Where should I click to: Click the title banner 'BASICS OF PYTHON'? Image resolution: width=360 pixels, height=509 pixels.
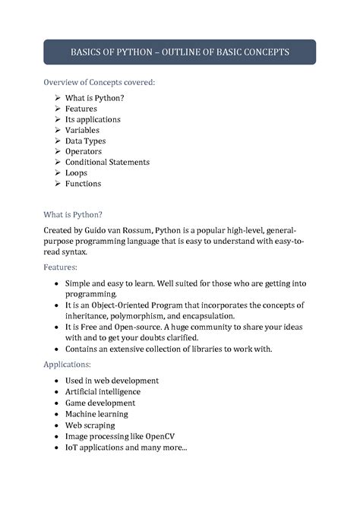click(x=180, y=52)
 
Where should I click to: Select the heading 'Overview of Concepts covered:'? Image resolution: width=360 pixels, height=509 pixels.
click(x=99, y=82)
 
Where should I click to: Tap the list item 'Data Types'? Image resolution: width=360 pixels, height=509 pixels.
click(x=85, y=141)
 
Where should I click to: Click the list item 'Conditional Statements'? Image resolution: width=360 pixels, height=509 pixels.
click(x=107, y=162)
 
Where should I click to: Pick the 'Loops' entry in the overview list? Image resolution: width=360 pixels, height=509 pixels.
click(x=76, y=172)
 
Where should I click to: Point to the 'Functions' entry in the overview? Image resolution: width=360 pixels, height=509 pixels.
click(x=83, y=183)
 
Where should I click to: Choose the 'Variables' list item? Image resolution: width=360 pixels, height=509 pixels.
click(x=82, y=130)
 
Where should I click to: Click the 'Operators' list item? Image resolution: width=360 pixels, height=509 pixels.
click(x=83, y=151)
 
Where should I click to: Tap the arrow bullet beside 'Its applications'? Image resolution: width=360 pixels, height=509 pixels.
click(x=58, y=119)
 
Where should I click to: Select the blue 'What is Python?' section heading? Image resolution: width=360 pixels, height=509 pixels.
click(x=73, y=214)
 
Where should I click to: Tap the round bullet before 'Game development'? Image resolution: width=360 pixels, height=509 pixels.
click(x=58, y=403)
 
